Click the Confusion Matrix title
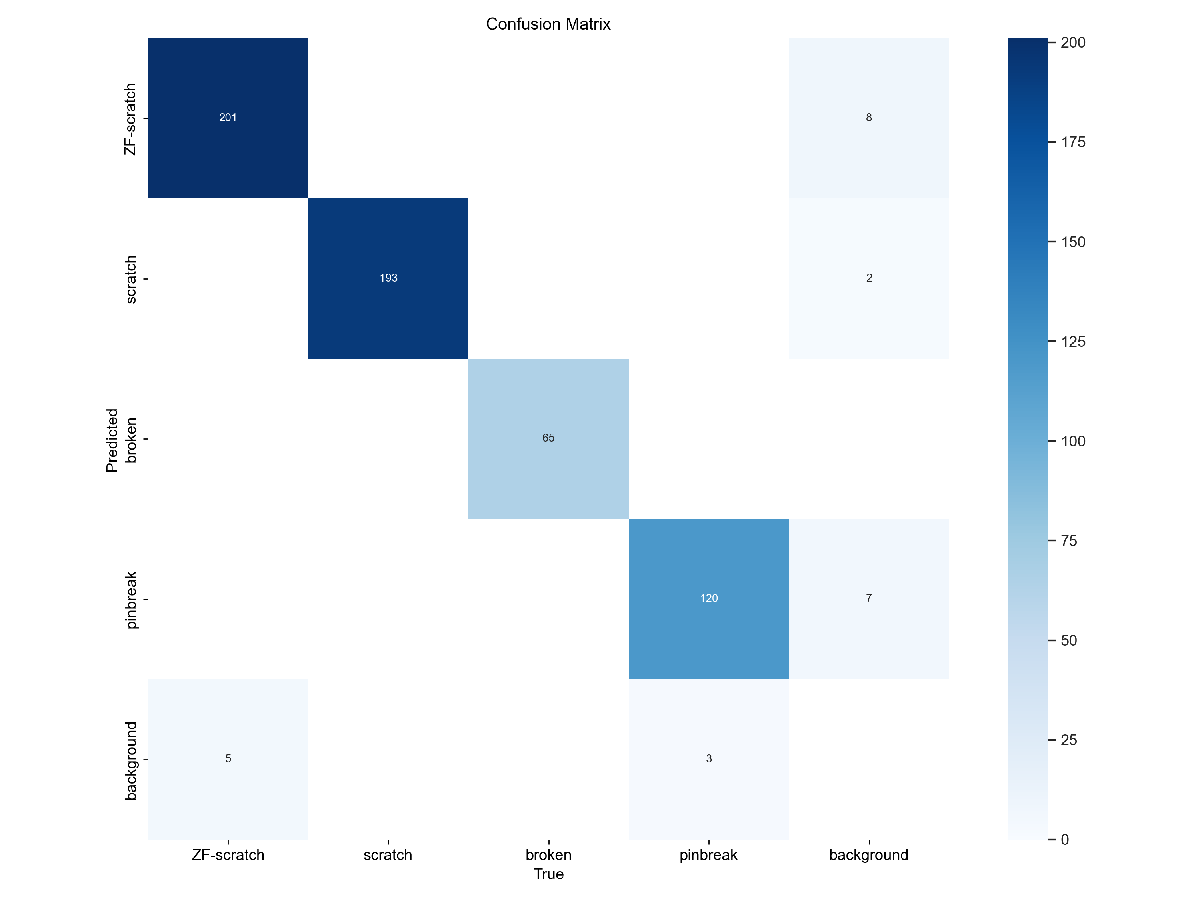point(548,24)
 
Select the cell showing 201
point(228,118)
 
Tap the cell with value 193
point(388,278)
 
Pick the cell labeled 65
point(548,438)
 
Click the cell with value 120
point(708,598)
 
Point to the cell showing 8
point(868,118)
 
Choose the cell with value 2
point(868,278)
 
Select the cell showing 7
point(868,598)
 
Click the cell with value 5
point(228,758)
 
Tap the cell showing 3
point(708,758)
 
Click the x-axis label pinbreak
point(708,856)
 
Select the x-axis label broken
point(548,856)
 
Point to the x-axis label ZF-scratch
point(228,856)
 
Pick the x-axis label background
point(868,856)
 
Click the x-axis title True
point(548,874)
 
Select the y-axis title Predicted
point(112,440)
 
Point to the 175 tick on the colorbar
point(1072,142)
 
